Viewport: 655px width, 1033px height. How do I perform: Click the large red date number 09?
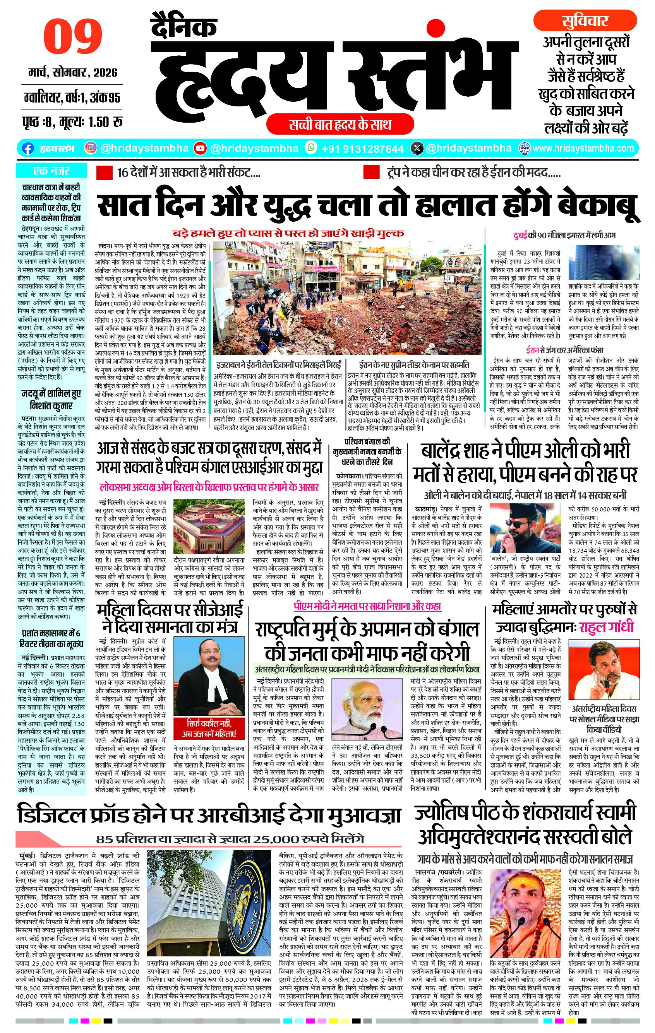73,37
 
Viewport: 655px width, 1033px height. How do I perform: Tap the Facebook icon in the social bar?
27,149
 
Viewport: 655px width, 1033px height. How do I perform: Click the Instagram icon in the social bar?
91,148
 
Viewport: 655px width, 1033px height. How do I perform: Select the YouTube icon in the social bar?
200,149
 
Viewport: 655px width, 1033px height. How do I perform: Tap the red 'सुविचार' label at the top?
585,21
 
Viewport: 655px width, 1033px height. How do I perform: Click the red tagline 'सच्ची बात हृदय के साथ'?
340,125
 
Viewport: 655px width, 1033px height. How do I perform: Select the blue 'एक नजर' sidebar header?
51,171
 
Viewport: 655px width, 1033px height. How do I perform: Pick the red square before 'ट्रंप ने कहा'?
371,173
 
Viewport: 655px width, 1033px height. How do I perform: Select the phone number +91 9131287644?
362,149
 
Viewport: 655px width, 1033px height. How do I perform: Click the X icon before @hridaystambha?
417,149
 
